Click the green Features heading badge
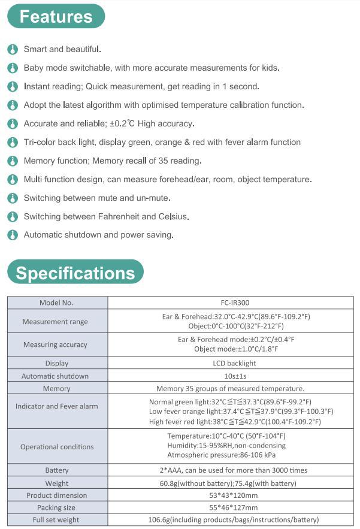(x=56, y=16)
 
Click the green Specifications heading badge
(x=75, y=273)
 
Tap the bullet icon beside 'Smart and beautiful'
(x=12, y=49)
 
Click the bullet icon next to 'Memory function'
(x=12, y=161)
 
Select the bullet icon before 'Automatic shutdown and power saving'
(x=12, y=235)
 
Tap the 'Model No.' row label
(x=56, y=303)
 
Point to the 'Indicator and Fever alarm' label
(x=56, y=406)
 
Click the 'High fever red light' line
(x=235, y=422)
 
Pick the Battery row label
(x=57, y=470)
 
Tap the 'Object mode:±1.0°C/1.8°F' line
(x=236, y=349)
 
